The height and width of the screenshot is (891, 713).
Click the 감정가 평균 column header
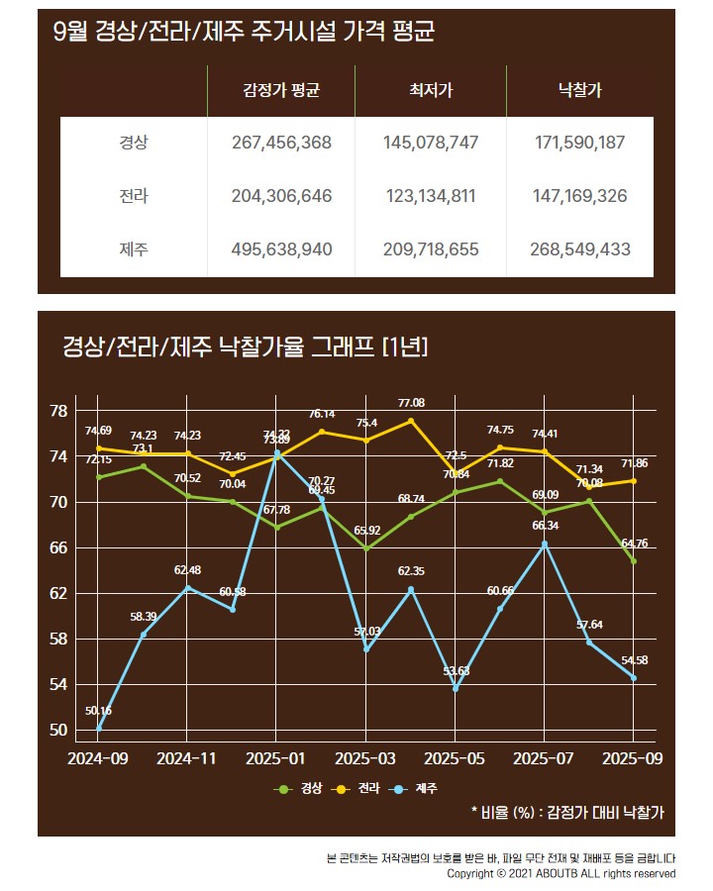coord(281,91)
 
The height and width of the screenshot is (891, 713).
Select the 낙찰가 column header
coord(579,91)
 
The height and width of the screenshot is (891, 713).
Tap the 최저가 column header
coord(430,91)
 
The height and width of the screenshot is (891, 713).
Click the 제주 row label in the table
coord(133,249)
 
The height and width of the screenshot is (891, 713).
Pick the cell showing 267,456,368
coord(281,143)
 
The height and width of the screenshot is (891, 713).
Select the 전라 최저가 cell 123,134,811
coord(430,196)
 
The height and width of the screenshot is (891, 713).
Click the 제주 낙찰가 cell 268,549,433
coord(579,249)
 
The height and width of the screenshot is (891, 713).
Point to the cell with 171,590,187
coord(579,143)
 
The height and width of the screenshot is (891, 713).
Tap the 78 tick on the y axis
coord(58,411)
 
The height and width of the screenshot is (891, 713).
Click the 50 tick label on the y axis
coord(58,731)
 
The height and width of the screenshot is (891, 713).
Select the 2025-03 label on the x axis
coord(365,758)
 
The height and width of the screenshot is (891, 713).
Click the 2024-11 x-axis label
coord(187,758)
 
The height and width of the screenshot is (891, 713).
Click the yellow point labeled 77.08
coord(411,421)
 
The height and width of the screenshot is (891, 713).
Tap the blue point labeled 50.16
coord(99,729)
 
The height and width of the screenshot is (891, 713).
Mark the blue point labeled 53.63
coord(456,689)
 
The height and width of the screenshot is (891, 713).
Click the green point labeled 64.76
coord(634,561)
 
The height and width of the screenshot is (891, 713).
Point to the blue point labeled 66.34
coord(545,544)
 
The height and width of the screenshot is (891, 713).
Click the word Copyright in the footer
coord(473,874)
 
